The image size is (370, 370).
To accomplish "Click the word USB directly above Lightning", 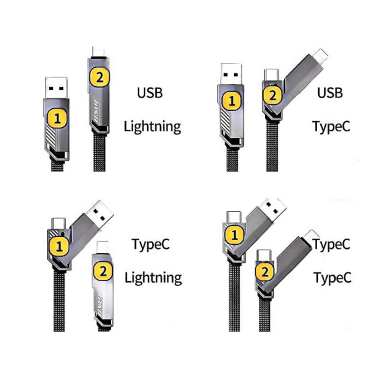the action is (x=150, y=93).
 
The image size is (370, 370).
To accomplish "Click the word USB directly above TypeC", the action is (x=330, y=93).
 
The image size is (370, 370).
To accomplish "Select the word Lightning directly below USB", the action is (x=153, y=127).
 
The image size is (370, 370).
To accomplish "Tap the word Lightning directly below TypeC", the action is (x=153, y=278).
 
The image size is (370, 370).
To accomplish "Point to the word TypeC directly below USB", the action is (x=331, y=126).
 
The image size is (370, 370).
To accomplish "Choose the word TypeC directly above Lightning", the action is (x=151, y=244).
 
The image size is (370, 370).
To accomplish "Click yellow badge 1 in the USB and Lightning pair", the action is (x=57, y=118).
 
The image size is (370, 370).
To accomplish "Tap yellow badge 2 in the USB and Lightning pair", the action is (x=100, y=77).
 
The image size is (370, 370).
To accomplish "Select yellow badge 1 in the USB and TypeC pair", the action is (x=232, y=101).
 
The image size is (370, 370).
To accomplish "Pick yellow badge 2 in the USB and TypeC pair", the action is (x=272, y=96).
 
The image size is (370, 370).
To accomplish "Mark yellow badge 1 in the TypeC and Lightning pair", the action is (x=59, y=247).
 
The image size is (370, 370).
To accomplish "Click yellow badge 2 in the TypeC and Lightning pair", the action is (x=103, y=271).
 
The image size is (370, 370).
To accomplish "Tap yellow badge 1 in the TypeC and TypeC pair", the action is (x=234, y=235).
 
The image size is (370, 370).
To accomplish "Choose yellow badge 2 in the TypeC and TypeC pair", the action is (x=265, y=272).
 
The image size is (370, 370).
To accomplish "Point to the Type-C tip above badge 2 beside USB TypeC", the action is (x=272, y=75).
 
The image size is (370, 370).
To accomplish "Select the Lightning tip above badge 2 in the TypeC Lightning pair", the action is (x=102, y=247).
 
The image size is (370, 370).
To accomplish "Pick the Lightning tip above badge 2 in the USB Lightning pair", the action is (x=99, y=52).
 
